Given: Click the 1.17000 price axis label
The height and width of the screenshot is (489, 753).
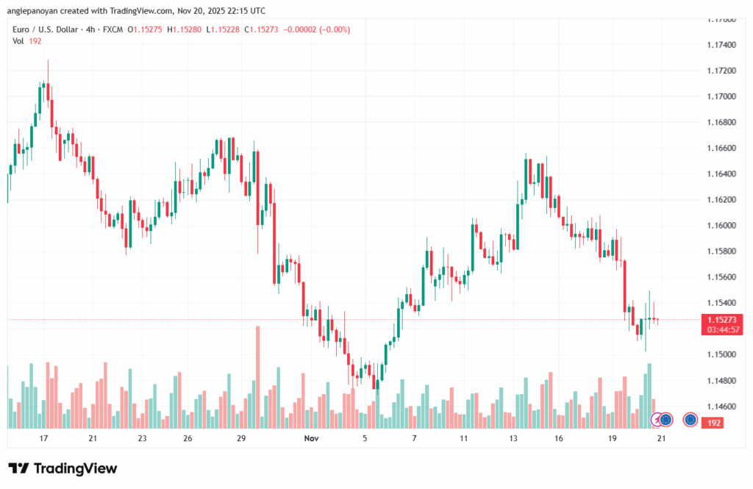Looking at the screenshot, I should point(720,96).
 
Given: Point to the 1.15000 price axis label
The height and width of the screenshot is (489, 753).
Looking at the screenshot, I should point(720,354).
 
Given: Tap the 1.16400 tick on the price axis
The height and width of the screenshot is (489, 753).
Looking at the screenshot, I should point(720,174).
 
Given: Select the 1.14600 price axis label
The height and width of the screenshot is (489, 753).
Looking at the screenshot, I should point(720,406).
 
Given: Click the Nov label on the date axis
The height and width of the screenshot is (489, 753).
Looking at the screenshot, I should point(312,438).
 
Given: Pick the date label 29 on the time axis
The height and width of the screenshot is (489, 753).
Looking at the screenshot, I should point(240,438).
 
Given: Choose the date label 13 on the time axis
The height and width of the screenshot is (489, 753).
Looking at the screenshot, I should point(513,438).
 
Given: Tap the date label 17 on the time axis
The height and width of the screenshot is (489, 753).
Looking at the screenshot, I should point(44,438).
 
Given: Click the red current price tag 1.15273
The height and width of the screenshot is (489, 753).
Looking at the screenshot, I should point(722,320).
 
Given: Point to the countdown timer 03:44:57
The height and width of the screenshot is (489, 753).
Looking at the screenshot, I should point(722,330).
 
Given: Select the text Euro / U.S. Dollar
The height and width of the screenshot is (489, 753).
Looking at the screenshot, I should point(43,29).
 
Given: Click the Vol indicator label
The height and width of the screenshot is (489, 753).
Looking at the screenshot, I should point(18,41).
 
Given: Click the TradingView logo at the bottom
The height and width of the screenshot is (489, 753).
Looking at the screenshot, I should point(63,468).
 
